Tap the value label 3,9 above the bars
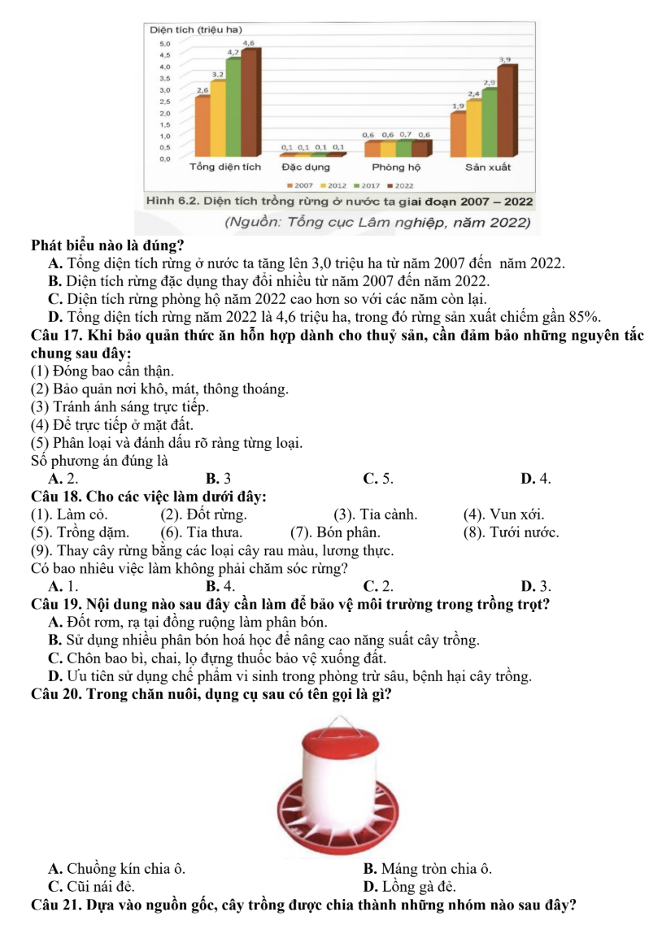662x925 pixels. [504, 59]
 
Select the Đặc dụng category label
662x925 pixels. [306, 167]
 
